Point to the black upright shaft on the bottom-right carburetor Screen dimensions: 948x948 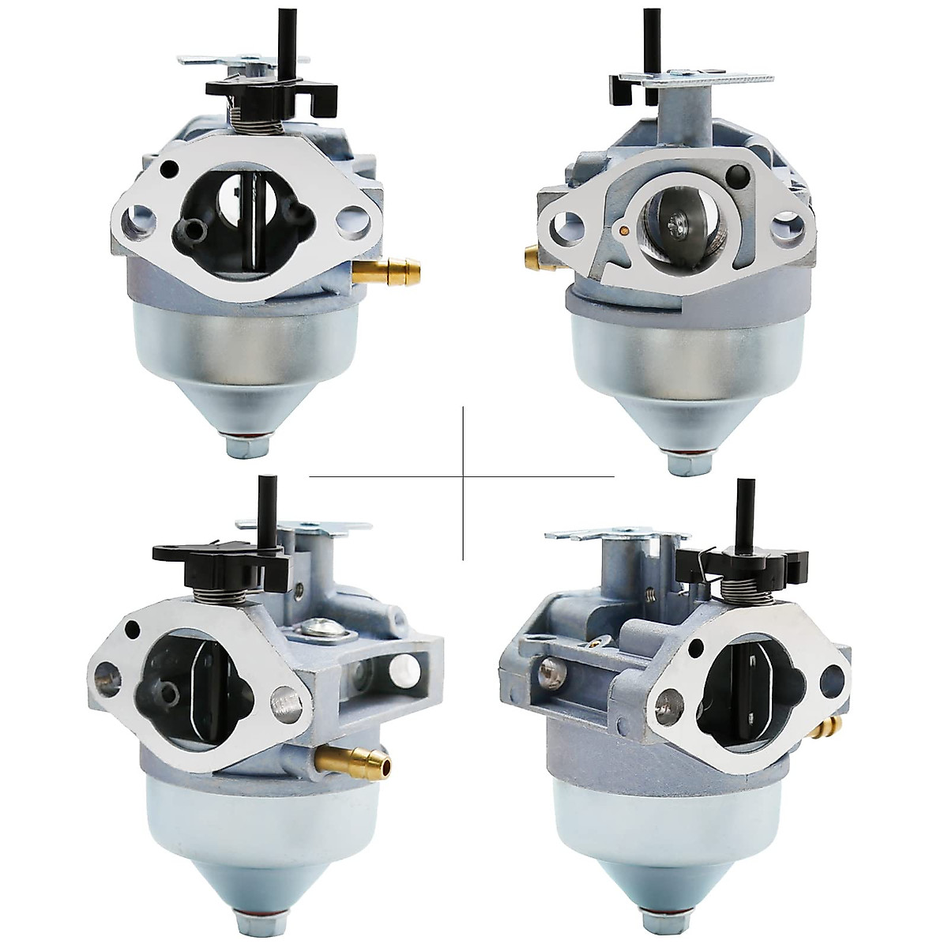pyautogui.click(x=744, y=513)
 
